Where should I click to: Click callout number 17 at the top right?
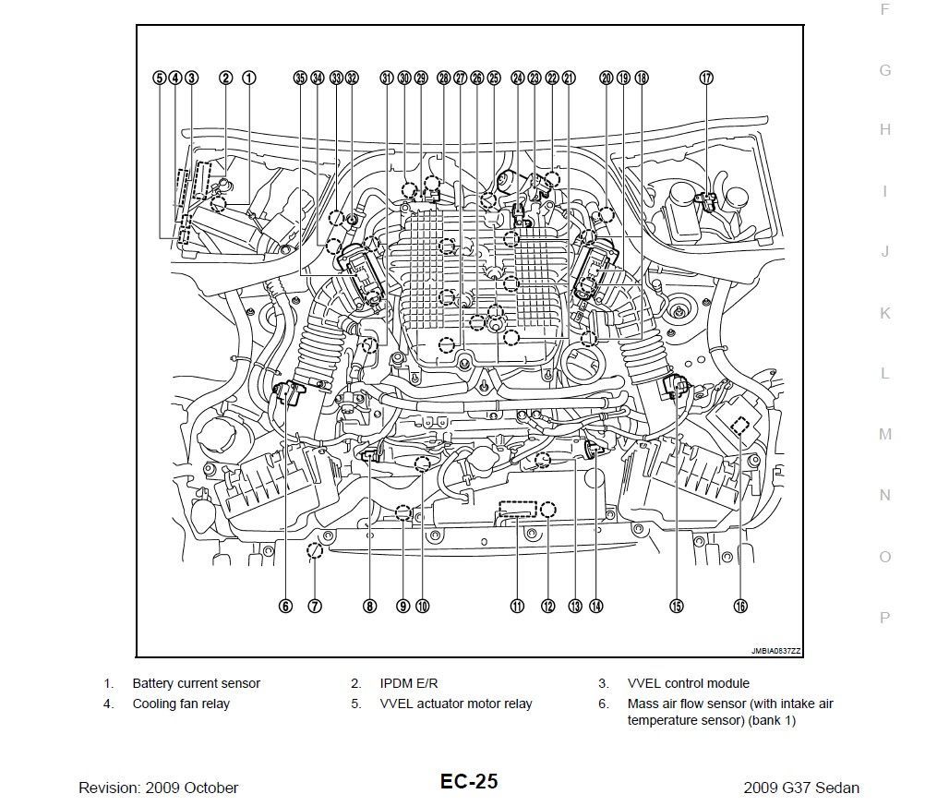point(706,78)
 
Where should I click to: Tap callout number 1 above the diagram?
point(249,78)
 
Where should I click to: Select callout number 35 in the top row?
point(299,78)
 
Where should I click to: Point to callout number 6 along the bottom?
point(286,607)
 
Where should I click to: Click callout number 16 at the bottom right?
point(740,607)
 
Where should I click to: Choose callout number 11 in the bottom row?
point(517,607)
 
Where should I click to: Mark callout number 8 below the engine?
point(369,607)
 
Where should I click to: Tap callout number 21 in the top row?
point(569,78)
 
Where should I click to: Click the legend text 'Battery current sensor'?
point(196,684)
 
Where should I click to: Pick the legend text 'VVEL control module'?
point(688,684)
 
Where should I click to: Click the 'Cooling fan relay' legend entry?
point(181,704)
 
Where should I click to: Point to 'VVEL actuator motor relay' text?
point(456,704)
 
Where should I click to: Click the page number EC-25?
point(468,782)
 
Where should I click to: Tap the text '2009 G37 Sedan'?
point(800,788)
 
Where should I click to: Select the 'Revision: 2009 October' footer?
point(159,788)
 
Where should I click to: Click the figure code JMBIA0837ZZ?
point(775,651)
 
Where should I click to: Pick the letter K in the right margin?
point(885,313)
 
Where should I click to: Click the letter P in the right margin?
point(885,618)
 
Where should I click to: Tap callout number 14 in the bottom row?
point(596,607)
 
